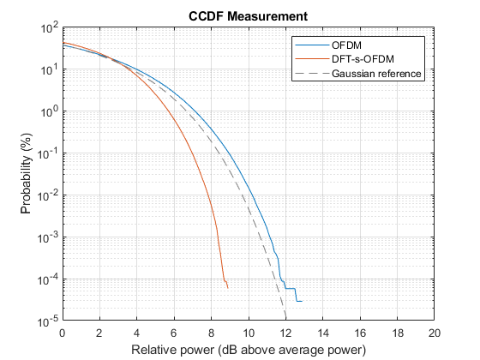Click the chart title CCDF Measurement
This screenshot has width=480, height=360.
248,15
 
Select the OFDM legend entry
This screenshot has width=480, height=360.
347,45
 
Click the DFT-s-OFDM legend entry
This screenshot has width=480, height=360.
365,59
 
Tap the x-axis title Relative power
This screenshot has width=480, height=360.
249,350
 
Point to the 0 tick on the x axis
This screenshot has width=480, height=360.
63,333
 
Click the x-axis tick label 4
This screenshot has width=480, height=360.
137,333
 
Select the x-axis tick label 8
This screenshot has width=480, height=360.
212,333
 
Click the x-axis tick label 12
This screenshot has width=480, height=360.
286,333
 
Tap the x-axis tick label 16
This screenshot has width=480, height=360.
360,333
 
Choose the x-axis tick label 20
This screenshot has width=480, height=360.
435,333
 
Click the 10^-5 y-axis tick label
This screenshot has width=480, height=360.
45,321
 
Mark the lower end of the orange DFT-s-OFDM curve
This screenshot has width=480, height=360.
228,288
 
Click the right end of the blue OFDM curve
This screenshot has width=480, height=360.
302,301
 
